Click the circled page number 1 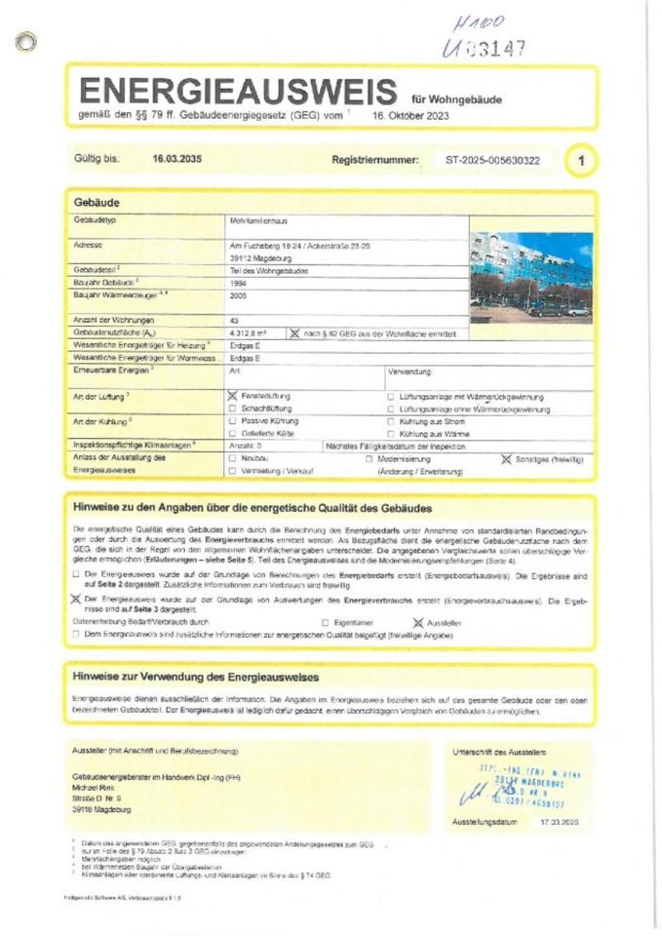pyautogui.click(x=582, y=159)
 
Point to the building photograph pyautogui.click(x=530, y=276)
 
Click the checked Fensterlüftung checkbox pyautogui.click(x=232, y=396)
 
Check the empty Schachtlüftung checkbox pyautogui.click(x=232, y=409)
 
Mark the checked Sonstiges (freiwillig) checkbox pyautogui.click(x=506, y=457)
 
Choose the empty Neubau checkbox pyautogui.click(x=232, y=457)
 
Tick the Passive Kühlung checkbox pyautogui.click(x=232, y=421)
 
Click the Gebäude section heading pyautogui.click(x=97, y=202)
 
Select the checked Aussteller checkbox pyautogui.click(x=418, y=621)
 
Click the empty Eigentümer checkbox pyautogui.click(x=326, y=621)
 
